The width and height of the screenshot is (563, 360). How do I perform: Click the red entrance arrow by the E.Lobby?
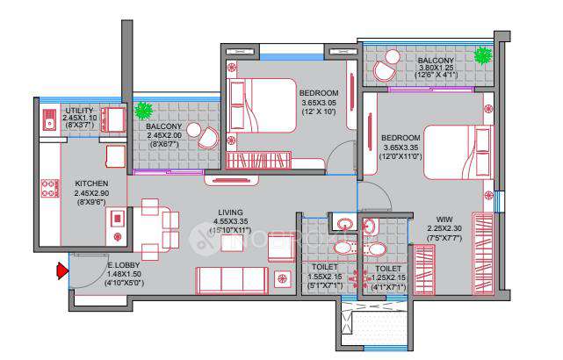(x=62, y=271)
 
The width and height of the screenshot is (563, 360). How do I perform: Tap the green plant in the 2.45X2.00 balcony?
(x=145, y=112)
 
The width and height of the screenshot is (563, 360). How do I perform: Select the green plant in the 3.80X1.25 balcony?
(x=482, y=57)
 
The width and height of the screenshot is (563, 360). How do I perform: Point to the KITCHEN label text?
(x=91, y=184)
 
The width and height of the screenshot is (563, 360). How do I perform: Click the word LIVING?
(x=231, y=211)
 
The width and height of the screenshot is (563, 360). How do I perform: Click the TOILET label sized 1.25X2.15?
(x=387, y=269)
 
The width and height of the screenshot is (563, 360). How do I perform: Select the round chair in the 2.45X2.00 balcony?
(x=208, y=136)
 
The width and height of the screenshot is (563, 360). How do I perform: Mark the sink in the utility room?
(x=50, y=120)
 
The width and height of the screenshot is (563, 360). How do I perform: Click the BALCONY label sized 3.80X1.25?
(x=436, y=61)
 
